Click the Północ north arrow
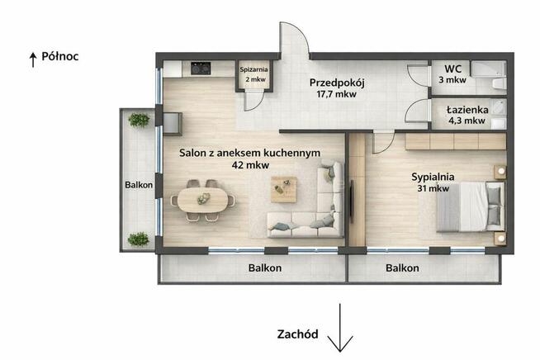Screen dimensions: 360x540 (32, 58)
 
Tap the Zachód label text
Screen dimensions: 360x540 (296, 334)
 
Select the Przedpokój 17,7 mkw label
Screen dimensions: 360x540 (338, 88)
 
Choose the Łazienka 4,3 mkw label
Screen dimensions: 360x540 (467, 114)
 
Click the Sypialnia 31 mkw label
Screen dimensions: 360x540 (432, 182)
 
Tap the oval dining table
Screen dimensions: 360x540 (203, 199)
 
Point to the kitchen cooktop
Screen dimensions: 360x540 (201, 69)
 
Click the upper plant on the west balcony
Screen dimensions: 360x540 (140, 120)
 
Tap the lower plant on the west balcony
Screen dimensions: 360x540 (139, 239)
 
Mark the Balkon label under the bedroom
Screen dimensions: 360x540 (402, 268)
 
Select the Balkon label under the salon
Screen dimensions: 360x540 (266, 268)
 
